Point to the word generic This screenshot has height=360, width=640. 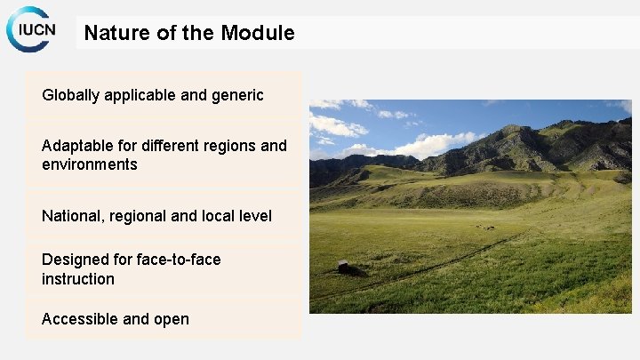pos(237,95)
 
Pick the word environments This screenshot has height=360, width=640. pos(89,164)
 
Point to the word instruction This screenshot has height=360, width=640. pos(78,279)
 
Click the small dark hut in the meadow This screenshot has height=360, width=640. pos(343,266)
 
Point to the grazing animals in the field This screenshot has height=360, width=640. pos(484,228)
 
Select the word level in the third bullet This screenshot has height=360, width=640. pos(252,216)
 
